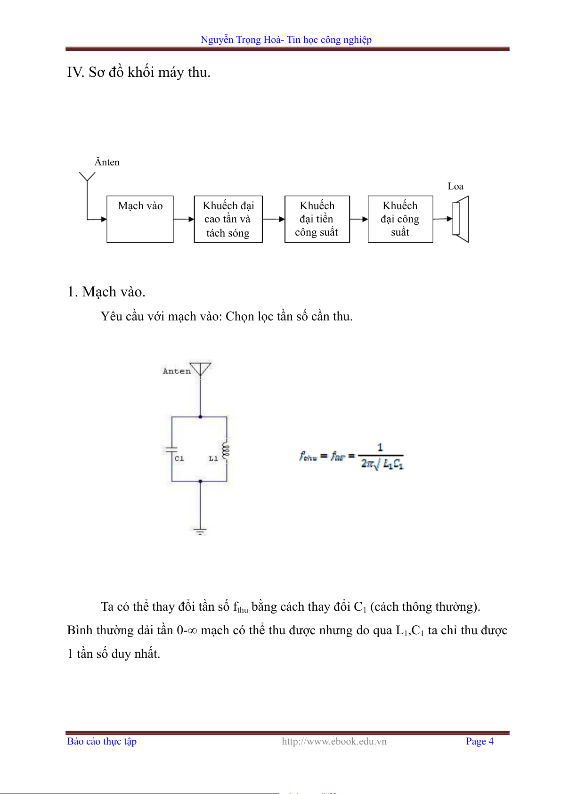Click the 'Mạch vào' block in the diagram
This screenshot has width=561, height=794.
click(140, 219)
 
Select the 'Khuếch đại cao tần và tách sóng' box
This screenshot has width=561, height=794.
click(228, 219)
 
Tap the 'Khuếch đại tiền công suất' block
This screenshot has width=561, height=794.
click(317, 219)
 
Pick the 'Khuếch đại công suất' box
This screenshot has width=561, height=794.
click(400, 219)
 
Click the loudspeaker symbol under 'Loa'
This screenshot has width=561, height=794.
click(460, 219)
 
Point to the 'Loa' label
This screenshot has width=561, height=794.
click(455, 186)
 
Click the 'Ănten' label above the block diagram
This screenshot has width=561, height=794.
click(107, 162)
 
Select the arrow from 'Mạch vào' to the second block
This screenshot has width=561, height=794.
click(184, 219)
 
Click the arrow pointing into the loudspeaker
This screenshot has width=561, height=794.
click(443, 219)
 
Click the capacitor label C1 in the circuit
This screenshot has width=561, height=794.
click(179, 458)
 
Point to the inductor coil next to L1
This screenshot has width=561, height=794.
click(226, 451)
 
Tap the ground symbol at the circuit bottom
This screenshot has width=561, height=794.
click(200, 532)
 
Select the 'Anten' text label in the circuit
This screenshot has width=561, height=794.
click(177, 371)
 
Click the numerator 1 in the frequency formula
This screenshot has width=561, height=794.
click(380, 447)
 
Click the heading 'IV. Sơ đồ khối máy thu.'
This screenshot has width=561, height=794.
click(138, 72)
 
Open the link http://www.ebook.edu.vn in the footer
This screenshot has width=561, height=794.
click(334, 741)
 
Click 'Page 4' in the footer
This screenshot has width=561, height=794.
click(480, 741)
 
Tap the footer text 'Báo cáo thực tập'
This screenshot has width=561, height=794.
click(102, 741)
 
